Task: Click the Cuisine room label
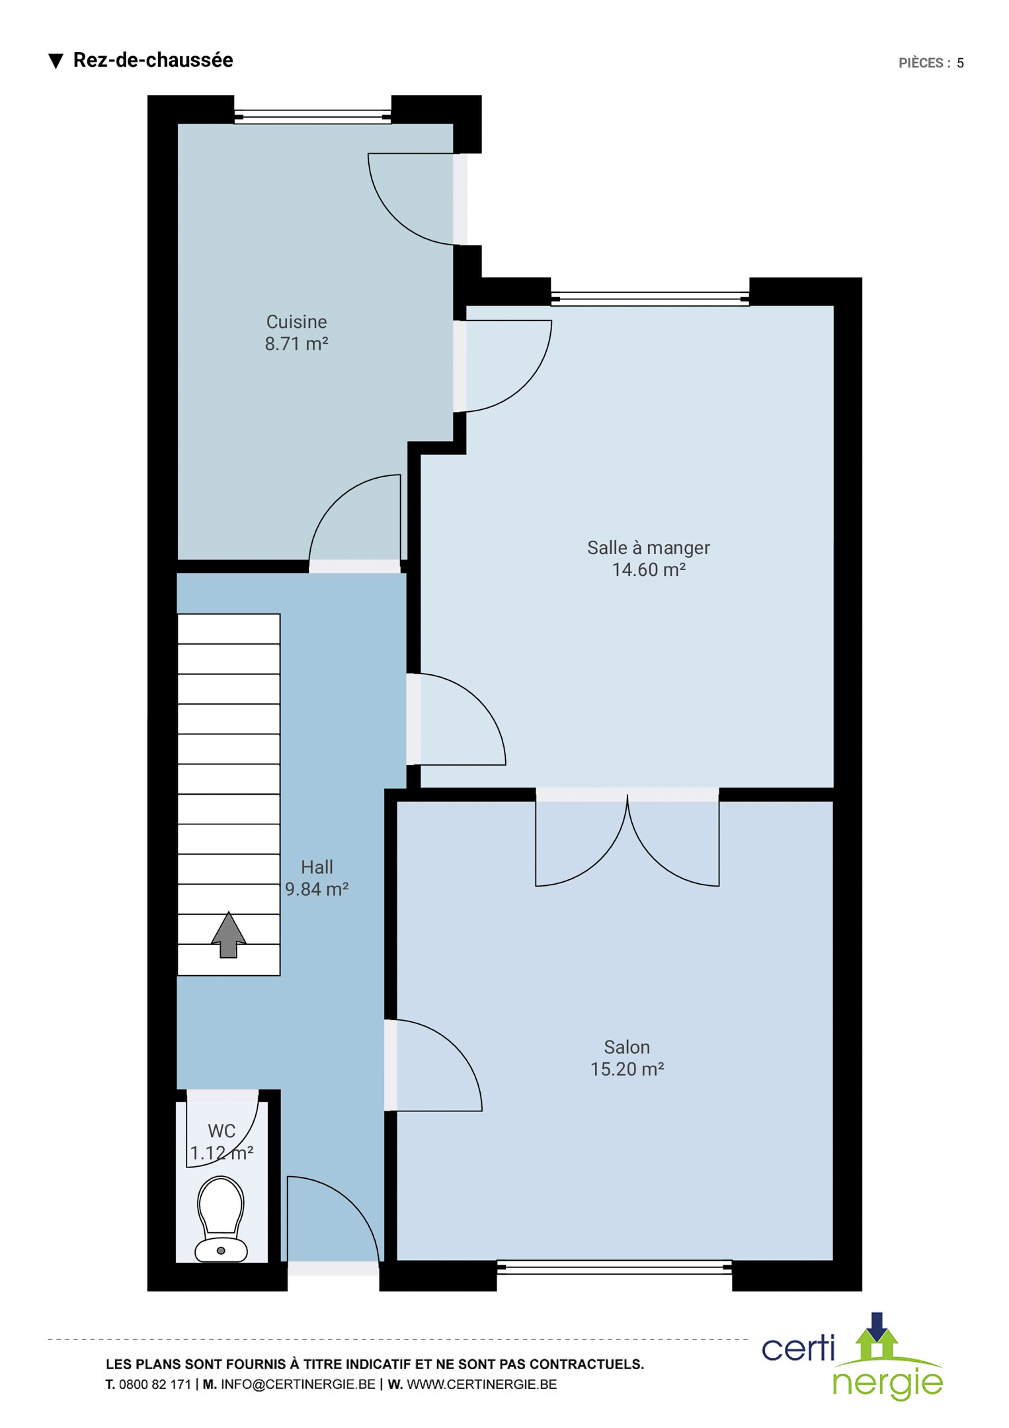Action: pyautogui.click(x=296, y=322)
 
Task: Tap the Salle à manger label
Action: pyautogui.click(x=648, y=548)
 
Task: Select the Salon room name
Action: pyautogui.click(x=626, y=1047)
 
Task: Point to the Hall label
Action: pyautogui.click(x=317, y=867)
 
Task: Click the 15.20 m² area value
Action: pyautogui.click(x=626, y=1069)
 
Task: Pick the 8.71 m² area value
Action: pyautogui.click(x=296, y=344)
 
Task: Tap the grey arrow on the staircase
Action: pyautogui.click(x=229, y=935)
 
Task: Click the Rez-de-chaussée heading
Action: pyautogui.click(x=153, y=60)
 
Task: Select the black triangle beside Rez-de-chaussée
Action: pyautogui.click(x=56, y=61)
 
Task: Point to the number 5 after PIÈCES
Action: pyautogui.click(x=960, y=63)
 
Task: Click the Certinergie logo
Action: pyautogui.click(x=853, y=1356)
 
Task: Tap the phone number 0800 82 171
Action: pyautogui.click(x=155, y=1384)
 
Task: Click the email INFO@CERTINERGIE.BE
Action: pyautogui.click(x=298, y=1384)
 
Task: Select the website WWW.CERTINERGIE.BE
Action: pyautogui.click(x=481, y=1384)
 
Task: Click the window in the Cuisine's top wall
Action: pyautogui.click(x=313, y=116)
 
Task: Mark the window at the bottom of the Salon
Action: pyautogui.click(x=614, y=1267)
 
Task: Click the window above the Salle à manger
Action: pyautogui.click(x=650, y=299)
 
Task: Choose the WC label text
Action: pyautogui.click(x=222, y=1131)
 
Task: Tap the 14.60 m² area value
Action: pyautogui.click(x=648, y=570)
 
